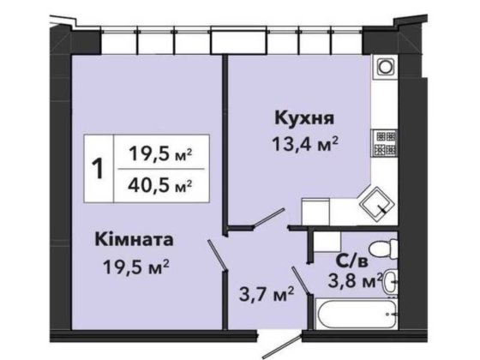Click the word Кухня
tap(303, 117)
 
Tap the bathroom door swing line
tap(299, 282)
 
